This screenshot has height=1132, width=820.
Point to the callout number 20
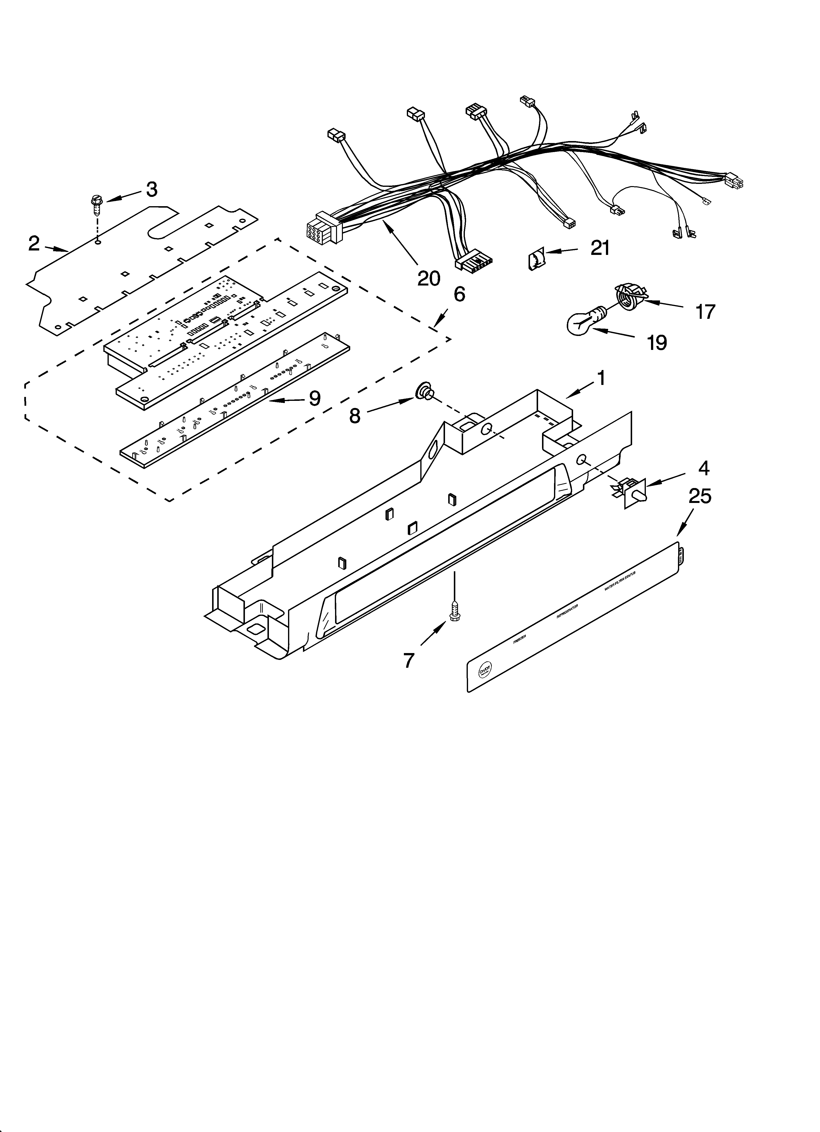(x=428, y=278)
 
